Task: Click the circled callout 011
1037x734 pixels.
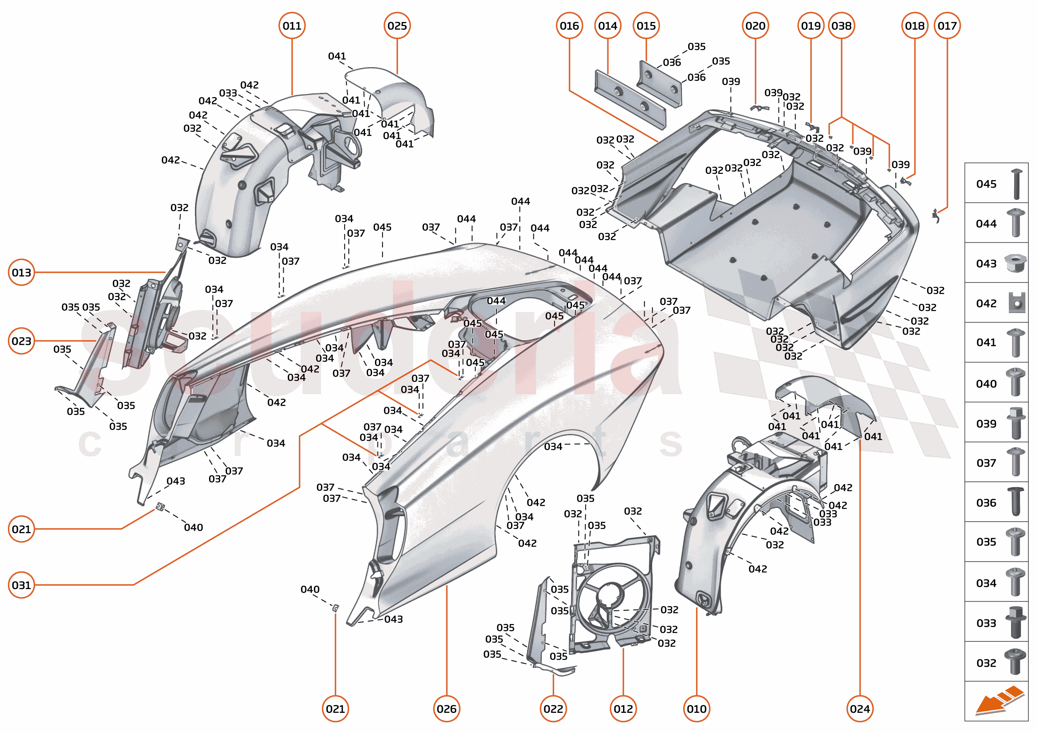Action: (x=292, y=26)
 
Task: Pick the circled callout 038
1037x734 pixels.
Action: (x=841, y=26)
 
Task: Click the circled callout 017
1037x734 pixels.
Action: (x=947, y=26)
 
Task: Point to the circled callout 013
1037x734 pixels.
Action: (x=21, y=272)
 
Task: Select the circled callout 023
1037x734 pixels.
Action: (x=21, y=341)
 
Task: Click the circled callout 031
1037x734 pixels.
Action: (x=21, y=585)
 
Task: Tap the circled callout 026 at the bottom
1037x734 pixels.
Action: (x=446, y=708)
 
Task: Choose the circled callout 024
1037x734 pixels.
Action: (x=859, y=708)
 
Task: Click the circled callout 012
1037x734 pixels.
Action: (x=623, y=708)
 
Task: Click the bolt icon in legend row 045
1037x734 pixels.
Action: (x=1016, y=184)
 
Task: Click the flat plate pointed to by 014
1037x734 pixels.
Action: (x=630, y=99)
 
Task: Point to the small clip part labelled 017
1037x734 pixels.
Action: (x=936, y=216)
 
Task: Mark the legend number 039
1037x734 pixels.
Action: (x=986, y=424)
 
